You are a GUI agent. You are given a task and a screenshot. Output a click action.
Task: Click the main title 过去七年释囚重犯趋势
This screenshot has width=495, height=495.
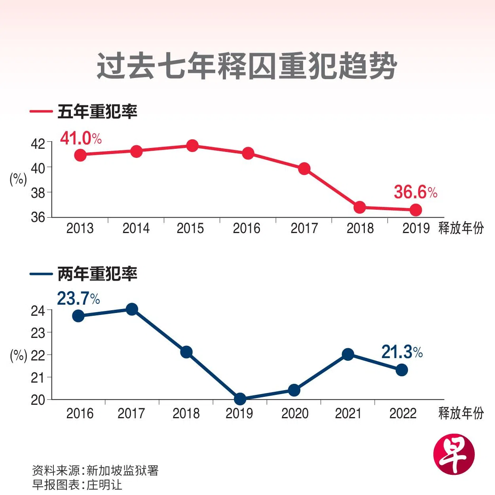[247, 66]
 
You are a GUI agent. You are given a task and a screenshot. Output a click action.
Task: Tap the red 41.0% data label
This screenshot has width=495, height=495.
[81, 138]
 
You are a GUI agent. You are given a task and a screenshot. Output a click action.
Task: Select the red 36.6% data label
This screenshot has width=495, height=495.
[415, 192]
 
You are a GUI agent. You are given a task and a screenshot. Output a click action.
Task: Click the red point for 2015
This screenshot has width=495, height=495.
[192, 146]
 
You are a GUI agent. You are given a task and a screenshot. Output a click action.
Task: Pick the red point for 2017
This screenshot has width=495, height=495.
[304, 169]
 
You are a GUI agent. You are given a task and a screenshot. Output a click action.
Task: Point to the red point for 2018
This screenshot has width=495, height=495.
[360, 207]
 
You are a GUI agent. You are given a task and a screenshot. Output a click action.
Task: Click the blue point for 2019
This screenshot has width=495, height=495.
[240, 399]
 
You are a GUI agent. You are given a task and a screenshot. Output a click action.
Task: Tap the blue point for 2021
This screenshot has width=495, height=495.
[348, 354]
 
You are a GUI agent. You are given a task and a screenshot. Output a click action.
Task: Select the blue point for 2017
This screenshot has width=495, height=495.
[132, 309]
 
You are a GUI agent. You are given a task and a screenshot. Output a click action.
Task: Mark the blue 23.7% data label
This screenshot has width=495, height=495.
[78, 299]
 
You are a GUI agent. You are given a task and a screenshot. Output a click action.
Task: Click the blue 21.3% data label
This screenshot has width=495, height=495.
[402, 352]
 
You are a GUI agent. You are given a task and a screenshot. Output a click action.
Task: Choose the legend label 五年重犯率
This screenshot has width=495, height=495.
[97, 112]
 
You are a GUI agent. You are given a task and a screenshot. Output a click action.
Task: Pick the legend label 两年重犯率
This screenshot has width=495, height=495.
[97, 274]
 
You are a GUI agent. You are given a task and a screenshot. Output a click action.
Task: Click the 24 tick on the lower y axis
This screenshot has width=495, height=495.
[38, 311]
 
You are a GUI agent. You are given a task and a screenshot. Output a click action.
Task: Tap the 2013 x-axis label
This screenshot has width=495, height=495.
[80, 228]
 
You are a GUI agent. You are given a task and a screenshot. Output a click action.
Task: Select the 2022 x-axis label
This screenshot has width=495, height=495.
[403, 413]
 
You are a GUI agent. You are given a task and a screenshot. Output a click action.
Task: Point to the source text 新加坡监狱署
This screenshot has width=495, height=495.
[122, 470]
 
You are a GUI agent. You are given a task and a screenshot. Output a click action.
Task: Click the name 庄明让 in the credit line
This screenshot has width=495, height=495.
[104, 485]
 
